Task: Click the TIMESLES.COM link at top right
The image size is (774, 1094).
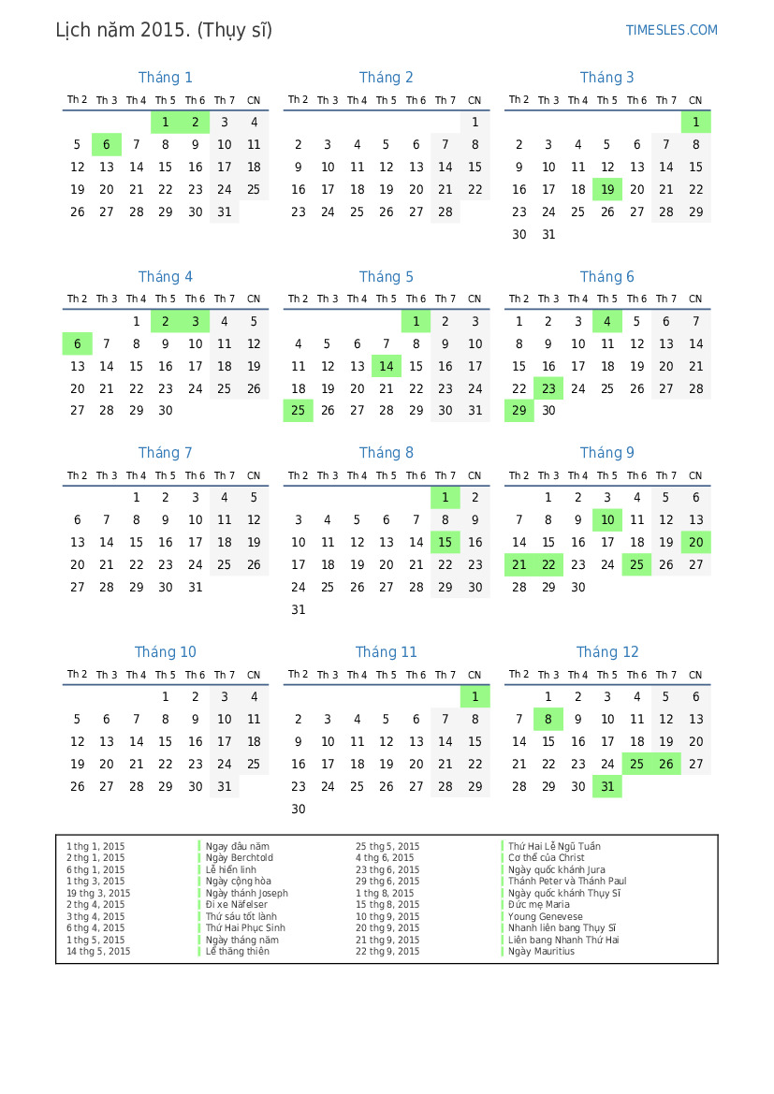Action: coord(671,30)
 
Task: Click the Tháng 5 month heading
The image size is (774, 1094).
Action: coord(386,277)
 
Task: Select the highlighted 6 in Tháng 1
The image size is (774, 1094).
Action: coord(107,145)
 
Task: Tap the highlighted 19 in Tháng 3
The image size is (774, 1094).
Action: coord(607,190)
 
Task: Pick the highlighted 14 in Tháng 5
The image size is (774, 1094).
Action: coord(386,367)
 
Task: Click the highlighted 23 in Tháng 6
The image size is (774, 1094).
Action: coord(548,389)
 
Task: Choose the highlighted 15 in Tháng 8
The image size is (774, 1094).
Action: coord(445,542)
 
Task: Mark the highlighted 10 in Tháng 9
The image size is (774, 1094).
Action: coord(607,520)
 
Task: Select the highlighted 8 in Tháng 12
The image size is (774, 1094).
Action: coord(548,720)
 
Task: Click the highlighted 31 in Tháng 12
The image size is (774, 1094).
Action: coord(607,787)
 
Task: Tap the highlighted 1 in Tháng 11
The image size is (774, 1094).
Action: coord(475,697)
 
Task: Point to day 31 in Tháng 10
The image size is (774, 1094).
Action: coord(225,787)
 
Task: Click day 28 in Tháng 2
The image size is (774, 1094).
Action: coord(445,212)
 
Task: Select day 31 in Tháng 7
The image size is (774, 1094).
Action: coord(195,588)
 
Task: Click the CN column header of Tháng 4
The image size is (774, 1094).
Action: coord(254,299)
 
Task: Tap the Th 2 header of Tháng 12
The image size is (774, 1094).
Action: coord(518,675)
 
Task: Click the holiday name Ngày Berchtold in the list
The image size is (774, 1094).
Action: coord(239,858)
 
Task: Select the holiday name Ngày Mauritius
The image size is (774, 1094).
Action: coord(541,952)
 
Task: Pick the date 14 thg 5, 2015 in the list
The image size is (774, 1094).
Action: coord(98,952)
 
